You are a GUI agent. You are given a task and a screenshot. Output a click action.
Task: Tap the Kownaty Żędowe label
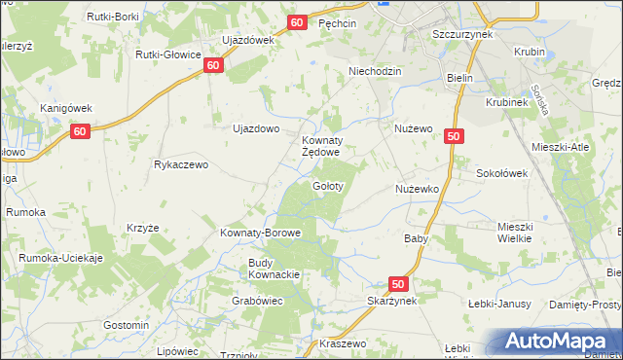coord(319,146)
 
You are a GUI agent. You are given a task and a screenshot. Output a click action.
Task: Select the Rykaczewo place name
coord(181,164)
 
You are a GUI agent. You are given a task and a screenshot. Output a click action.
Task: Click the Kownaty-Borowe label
coord(260,234)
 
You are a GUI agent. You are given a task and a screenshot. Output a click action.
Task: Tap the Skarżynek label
coord(392,302)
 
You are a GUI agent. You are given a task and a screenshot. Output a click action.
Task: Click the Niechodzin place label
coord(376,71)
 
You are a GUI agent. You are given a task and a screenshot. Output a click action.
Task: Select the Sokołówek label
coord(501,173)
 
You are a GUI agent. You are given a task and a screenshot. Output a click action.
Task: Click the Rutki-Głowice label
coord(168,54)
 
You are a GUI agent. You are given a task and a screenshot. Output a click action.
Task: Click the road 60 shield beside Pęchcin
coord(298,22)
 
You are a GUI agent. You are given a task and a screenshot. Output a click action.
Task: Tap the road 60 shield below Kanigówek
coord(81,131)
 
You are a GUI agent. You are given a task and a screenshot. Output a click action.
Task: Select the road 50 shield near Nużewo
coord(454,137)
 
